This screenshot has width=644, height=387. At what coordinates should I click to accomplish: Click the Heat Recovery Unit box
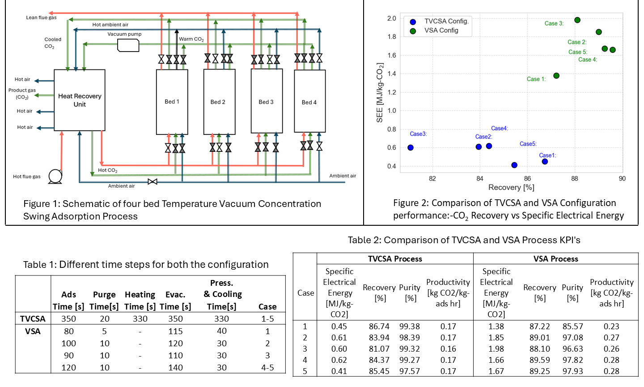click(80, 100)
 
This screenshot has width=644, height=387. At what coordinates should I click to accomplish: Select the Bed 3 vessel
click(267, 102)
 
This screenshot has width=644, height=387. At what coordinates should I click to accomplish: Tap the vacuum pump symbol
click(128, 45)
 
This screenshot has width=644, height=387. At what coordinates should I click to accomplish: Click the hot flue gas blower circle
click(55, 176)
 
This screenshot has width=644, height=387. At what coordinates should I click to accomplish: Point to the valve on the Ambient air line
click(153, 181)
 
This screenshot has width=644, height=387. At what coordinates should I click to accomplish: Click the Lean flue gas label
click(41, 17)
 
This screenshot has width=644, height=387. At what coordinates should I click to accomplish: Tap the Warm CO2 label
click(191, 39)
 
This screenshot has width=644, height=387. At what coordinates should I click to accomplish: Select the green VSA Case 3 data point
click(577, 20)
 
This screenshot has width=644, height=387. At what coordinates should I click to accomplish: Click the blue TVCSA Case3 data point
click(411, 147)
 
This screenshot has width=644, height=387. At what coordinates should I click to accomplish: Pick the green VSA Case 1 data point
click(556, 76)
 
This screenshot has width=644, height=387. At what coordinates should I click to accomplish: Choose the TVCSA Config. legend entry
click(446, 21)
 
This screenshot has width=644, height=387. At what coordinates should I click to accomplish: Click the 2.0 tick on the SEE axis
click(392, 18)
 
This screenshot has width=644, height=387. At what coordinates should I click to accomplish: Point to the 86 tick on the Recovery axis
click(527, 178)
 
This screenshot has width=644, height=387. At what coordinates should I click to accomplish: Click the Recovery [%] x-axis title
click(511, 187)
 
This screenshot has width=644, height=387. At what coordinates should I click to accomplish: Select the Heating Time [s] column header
click(140, 300)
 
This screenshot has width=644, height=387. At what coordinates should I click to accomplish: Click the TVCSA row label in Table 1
click(33, 318)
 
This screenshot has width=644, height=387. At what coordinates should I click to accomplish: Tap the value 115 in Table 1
click(175, 331)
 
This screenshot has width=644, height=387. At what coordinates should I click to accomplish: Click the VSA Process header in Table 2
click(555, 258)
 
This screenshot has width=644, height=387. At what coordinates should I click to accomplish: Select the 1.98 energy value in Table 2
click(496, 348)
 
